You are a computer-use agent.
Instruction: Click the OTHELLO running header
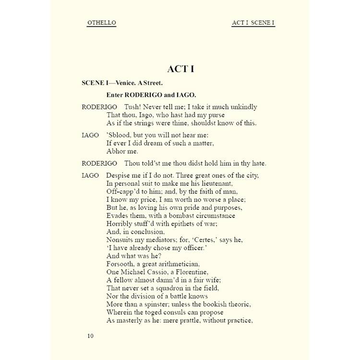[x=101, y=23]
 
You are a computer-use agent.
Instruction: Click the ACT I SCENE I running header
[x=253, y=23]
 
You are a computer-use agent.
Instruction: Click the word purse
[x=215, y=115]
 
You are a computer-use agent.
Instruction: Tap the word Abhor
[x=116, y=151]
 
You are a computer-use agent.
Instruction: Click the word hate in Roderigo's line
[x=258, y=163]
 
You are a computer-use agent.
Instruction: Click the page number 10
[x=90, y=336]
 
